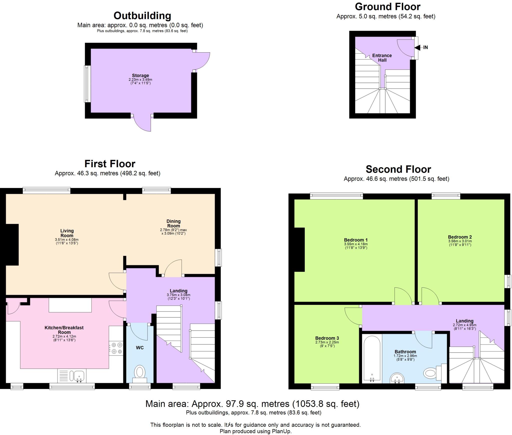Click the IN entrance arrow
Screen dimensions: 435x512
[417, 47]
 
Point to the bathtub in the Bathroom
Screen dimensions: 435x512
[372, 359]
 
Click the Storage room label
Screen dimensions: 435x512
[140, 76]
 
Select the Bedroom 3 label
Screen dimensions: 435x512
[327, 338]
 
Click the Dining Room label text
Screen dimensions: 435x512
[173, 224]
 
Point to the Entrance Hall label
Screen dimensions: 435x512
[382, 58]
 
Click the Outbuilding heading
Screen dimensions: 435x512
[142, 16]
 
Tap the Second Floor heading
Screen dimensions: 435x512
[398, 169]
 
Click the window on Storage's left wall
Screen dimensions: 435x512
[87, 84]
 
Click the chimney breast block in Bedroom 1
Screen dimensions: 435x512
[299, 250]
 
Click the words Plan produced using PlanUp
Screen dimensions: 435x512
[255, 431]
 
